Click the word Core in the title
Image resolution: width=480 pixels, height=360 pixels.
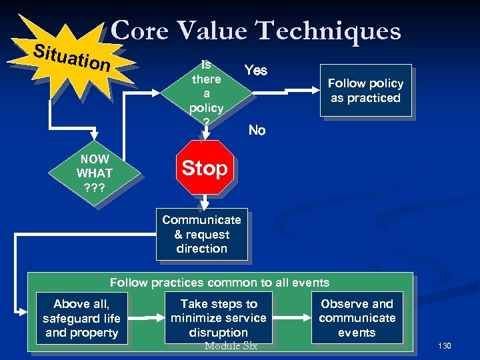pyautogui.click(x=139, y=31)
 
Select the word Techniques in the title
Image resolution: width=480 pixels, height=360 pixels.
pyautogui.click(x=329, y=31)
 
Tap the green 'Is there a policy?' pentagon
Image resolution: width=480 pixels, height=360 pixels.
pyautogui.click(x=206, y=93)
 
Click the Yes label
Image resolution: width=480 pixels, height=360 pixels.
pyautogui.click(x=256, y=70)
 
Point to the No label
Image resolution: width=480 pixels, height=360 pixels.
pyautogui.click(x=257, y=130)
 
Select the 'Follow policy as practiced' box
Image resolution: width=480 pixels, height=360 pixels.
pyautogui.click(x=365, y=91)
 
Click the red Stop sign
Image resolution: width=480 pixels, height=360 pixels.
pyautogui.click(x=205, y=168)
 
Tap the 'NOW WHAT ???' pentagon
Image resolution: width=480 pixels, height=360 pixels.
pyautogui.click(x=95, y=173)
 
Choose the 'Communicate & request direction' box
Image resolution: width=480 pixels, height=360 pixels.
pyautogui.click(x=201, y=235)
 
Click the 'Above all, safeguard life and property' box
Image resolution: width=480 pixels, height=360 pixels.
pyautogui.click(x=81, y=318)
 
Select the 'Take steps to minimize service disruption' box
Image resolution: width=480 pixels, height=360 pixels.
pyautogui.click(x=218, y=318)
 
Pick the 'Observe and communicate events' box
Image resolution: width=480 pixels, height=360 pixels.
pyautogui.click(x=357, y=318)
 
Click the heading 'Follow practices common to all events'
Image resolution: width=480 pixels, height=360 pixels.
pyautogui.click(x=219, y=283)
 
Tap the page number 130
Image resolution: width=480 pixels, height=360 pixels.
pyautogui.click(x=445, y=346)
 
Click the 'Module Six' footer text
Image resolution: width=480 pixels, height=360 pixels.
pyautogui.click(x=230, y=346)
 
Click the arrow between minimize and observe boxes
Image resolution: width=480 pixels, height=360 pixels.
pyautogui.click(x=291, y=318)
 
